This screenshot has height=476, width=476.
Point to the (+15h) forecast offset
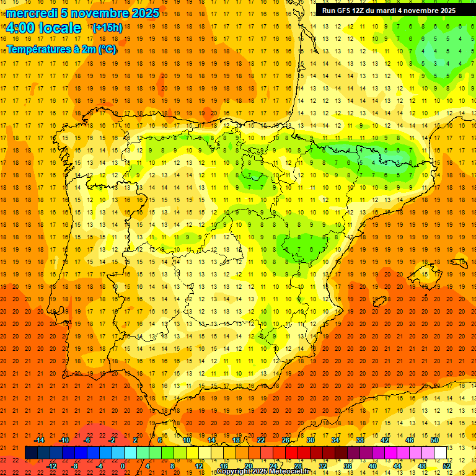click(x=107, y=28)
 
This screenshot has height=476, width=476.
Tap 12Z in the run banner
click(x=361, y=11)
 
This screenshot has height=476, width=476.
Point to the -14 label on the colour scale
click(x=40, y=440)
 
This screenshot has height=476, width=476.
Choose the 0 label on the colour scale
click(x=123, y=466)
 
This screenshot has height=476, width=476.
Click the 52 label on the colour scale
click(x=447, y=466)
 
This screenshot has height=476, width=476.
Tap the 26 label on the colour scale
click(x=286, y=440)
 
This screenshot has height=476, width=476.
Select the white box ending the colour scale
click(x=440, y=453)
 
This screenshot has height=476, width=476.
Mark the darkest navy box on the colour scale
click(x=31, y=453)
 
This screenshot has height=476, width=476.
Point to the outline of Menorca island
click(x=459, y=255)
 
